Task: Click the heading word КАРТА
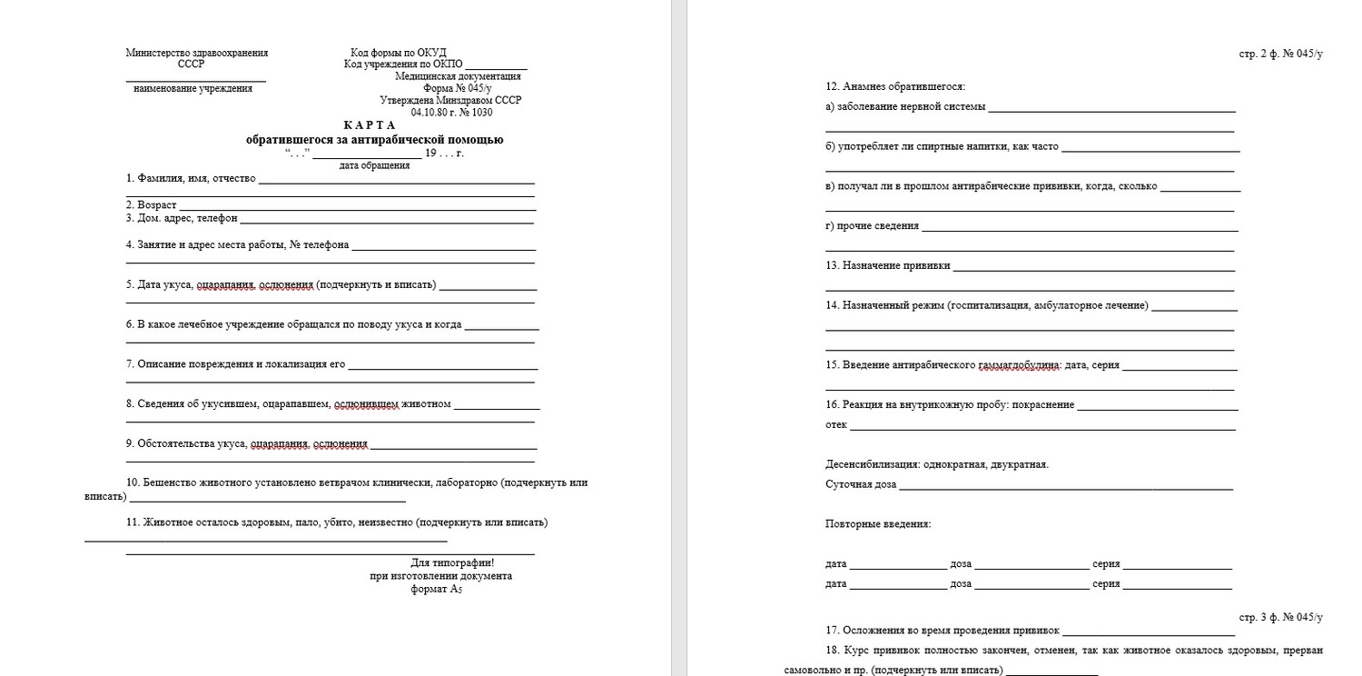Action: click(370, 124)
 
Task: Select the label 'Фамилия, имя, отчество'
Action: click(191, 178)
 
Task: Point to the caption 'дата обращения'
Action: click(374, 165)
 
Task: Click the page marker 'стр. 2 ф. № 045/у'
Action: click(1280, 55)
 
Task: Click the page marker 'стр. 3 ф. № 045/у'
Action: click(1280, 618)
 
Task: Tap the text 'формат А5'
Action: click(437, 589)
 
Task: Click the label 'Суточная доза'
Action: click(861, 484)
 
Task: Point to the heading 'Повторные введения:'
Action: click(878, 524)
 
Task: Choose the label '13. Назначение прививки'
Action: click(888, 265)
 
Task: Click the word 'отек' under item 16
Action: click(836, 424)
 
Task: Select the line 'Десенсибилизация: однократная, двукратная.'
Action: click(937, 464)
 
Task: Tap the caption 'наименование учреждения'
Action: click(192, 89)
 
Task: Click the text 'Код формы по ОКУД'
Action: click(399, 53)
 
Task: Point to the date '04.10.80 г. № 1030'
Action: click(451, 112)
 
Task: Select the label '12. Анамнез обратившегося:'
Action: click(895, 87)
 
